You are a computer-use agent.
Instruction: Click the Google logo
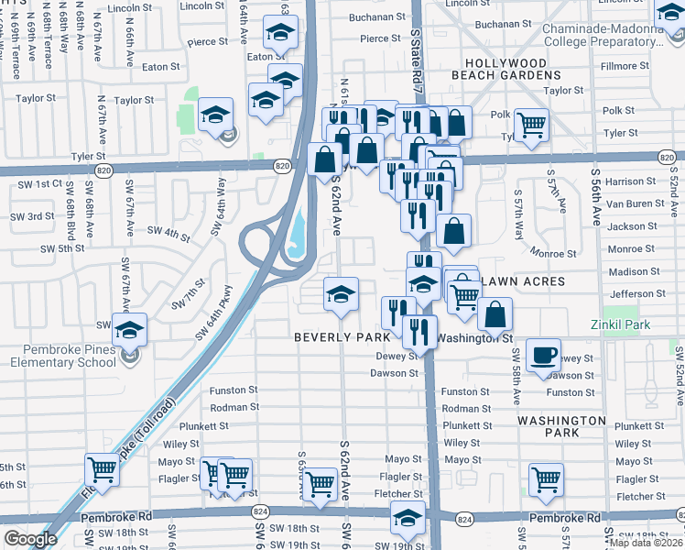click(x=30, y=539)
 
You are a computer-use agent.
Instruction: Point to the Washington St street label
click(x=473, y=337)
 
